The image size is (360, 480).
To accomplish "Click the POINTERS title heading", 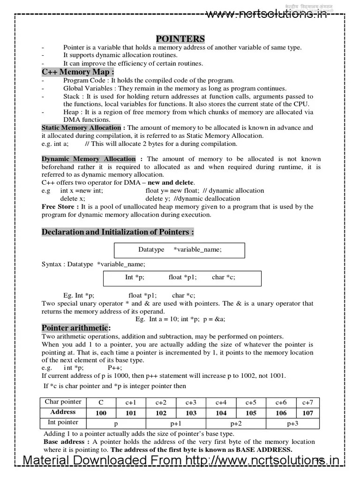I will (180, 38).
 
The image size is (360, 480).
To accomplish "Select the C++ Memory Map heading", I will (77, 72).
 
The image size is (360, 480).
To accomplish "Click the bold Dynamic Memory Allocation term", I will (89, 159).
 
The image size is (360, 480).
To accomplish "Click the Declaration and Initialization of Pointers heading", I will (118, 232).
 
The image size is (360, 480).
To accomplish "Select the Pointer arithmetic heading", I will (76, 328).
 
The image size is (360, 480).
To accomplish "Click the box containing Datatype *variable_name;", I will (180, 250).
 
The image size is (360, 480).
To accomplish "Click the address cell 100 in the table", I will (101, 413).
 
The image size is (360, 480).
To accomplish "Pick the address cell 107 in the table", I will (307, 413).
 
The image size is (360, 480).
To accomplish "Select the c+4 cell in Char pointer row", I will (221, 402).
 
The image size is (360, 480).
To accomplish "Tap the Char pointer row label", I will (63, 402).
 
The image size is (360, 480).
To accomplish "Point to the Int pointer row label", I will (61, 422).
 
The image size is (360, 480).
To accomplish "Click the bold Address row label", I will (63, 412).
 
